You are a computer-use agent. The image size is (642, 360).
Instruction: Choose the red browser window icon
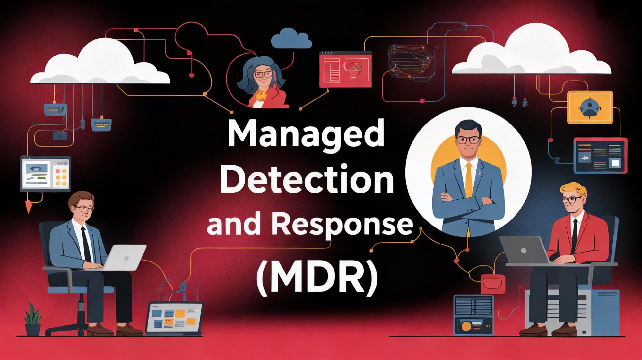345,69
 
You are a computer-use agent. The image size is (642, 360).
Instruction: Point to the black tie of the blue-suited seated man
85,244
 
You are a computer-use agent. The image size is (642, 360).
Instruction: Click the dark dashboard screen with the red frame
600,156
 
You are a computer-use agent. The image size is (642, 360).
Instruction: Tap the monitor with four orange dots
45,173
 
